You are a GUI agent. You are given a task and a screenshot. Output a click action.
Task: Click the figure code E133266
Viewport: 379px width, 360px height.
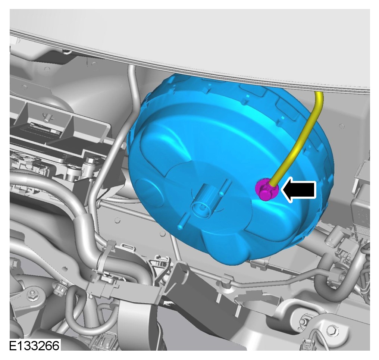(34, 345)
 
